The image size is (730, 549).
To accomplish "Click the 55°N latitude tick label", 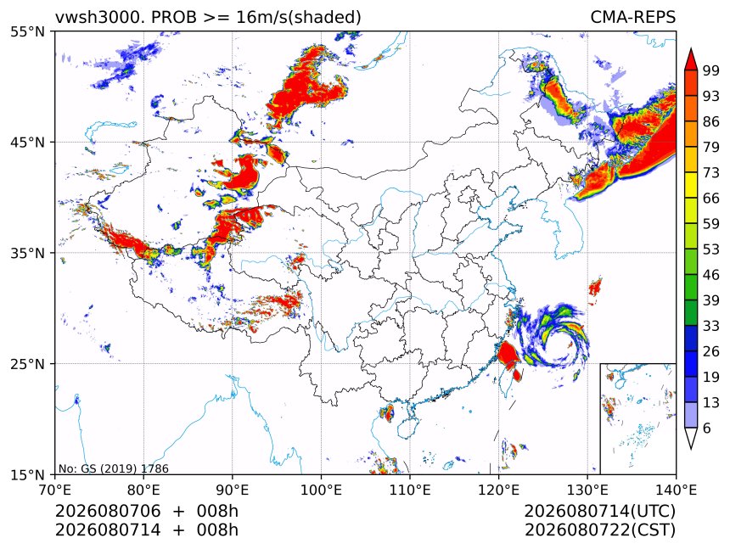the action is [x=28, y=31].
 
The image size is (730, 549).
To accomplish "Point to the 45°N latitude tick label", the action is [x=28, y=142].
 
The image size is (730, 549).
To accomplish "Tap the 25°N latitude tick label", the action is [x=28, y=363].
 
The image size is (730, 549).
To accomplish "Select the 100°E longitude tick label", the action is [x=321, y=490].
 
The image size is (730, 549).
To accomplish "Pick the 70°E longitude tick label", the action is [x=55, y=490].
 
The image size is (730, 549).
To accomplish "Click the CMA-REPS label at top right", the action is [x=632, y=17].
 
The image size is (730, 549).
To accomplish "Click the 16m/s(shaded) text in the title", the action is [x=299, y=18].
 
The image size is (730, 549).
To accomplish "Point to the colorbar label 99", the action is [x=711, y=70].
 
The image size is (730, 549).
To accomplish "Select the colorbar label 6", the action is [x=707, y=428].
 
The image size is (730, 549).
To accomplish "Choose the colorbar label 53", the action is [x=711, y=249].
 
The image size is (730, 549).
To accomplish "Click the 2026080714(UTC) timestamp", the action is [x=599, y=511].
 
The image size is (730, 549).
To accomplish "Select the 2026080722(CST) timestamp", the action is [x=599, y=530].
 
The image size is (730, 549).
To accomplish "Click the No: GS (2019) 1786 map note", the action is [x=114, y=468].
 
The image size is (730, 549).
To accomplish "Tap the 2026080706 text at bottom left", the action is [x=108, y=511].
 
